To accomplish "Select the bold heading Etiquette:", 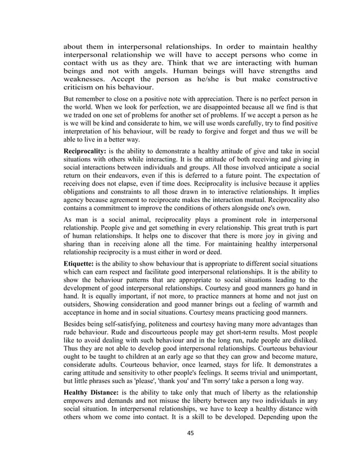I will (80, 264).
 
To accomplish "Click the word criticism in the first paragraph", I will (80, 88).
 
